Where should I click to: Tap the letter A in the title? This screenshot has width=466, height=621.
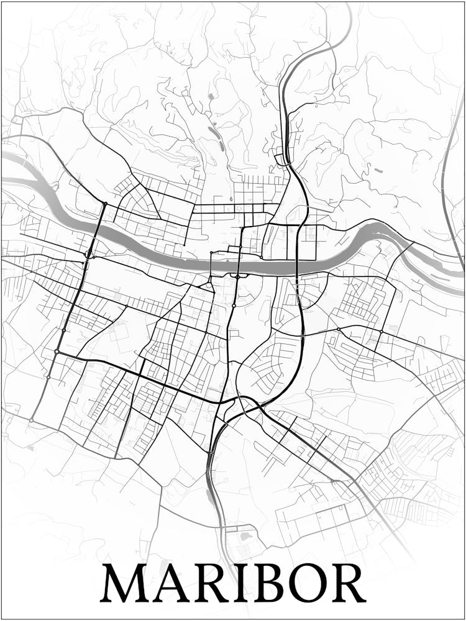(171, 584)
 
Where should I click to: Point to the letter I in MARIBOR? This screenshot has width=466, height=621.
(238, 584)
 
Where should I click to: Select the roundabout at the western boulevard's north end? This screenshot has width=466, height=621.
(105, 204)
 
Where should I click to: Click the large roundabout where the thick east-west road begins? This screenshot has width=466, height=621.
(57, 352)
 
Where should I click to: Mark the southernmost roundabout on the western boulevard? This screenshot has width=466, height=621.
(30, 420)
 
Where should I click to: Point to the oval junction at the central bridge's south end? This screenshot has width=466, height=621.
(237, 276)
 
